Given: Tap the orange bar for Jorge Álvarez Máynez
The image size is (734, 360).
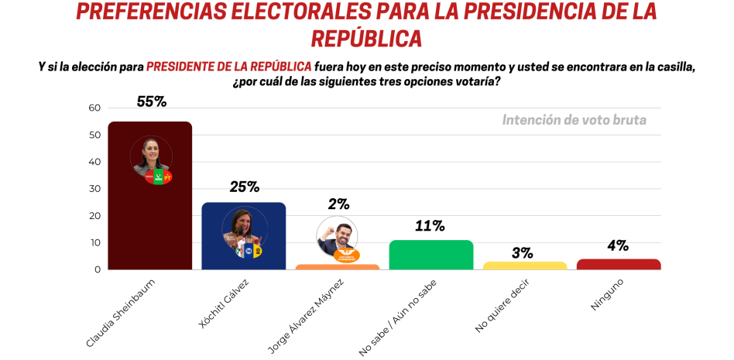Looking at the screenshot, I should tap(338, 267).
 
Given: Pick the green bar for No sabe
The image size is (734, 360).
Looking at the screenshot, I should tap(430, 255).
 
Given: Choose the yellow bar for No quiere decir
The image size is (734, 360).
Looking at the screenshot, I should tap(525, 266).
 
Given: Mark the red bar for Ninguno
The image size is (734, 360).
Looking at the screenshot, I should tap(619, 264).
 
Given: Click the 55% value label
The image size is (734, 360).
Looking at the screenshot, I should tap(152, 101).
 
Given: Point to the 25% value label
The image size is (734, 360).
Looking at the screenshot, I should tap(244, 187).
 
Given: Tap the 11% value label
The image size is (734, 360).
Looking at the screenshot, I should tap(430, 226).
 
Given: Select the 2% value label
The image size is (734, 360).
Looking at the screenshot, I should tap(338, 204).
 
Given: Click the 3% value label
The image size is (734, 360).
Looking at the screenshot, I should tap(523, 252).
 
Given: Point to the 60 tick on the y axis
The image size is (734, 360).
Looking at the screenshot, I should tap(94, 108).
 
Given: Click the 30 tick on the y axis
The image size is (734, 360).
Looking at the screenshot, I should tap(94, 189).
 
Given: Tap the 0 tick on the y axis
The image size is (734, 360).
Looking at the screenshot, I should tap(98, 269).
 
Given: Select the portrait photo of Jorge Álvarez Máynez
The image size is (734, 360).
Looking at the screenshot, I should tap(336, 236).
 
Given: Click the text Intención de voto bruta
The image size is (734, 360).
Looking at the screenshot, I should tap(574, 120).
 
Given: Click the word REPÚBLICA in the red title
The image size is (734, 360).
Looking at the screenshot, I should tap(366, 39).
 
